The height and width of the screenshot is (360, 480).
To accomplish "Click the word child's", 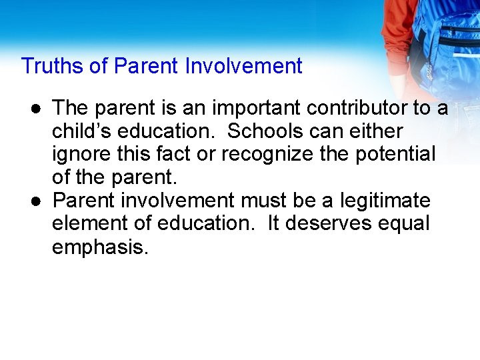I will (x=83, y=131).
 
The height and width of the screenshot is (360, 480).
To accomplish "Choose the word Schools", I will (x=269, y=131).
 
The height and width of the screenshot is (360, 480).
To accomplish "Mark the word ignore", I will (x=83, y=154).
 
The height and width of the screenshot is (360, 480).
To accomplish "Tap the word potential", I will (x=396, y=154).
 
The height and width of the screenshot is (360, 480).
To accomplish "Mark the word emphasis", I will (x=100, y=247).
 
